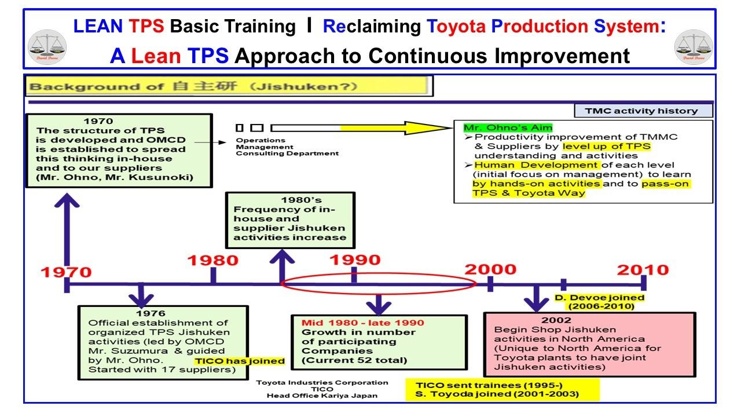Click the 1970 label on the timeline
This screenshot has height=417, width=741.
click(66, 271)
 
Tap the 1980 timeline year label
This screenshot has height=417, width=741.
click(213, 260)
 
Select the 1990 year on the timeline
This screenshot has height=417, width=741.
click(355, 259)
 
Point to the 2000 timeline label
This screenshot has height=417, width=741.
click(490, 269)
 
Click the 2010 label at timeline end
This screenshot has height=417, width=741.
click(643, 269)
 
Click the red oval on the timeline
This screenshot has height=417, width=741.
click(378, 283)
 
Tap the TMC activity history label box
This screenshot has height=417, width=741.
click(643, 111)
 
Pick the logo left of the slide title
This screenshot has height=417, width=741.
click(47, 47)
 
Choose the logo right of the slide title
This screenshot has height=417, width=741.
click(694, 47)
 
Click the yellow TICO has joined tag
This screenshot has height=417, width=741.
click(239, 361)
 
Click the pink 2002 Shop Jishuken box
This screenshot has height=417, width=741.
click(589, 344)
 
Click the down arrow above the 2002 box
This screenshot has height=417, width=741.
click(536, 298)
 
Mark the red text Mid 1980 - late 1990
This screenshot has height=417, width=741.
click(362, 323)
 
